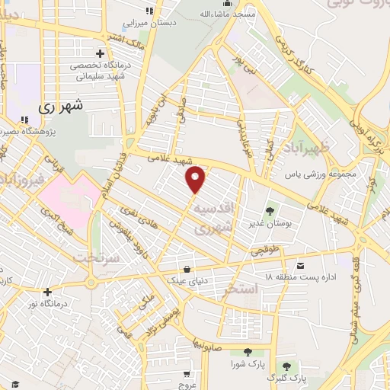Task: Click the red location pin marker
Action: coord(197,178)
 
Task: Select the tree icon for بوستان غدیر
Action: coord(270,212)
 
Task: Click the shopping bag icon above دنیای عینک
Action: coord(187,269)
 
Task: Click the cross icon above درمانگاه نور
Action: coord(47,292)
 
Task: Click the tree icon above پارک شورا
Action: coord(248,352)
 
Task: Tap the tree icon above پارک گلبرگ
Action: coord(287,366)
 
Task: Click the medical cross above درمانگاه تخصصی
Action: coord(100,53)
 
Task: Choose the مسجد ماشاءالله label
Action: coord(222,14)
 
